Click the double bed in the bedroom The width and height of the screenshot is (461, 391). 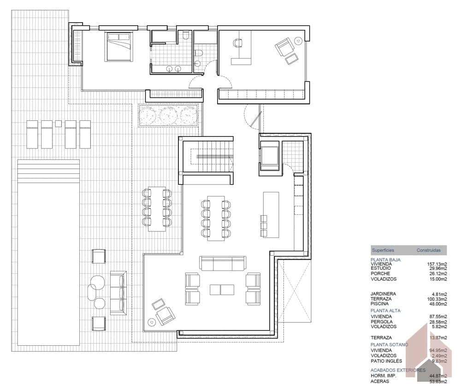coord(119,46)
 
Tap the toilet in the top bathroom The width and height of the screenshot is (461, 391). coord(185,36)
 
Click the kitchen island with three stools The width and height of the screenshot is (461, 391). coord(271,214)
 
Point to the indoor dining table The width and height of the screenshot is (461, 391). coord(215,218)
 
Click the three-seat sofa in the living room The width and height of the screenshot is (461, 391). coord(223,263)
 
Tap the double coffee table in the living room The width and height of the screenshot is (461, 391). coord(222,290)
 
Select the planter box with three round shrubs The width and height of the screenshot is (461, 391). coord(168,115)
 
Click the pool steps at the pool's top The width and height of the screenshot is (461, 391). coord(48,171)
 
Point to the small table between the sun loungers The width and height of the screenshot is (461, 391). coord(58,124)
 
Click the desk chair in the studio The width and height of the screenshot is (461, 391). coord(238,43)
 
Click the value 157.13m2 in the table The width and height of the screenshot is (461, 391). coord(436,264)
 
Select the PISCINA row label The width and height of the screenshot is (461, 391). coord(380,304)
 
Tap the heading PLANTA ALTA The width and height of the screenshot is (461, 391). coord(385,311)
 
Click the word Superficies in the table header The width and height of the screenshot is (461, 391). coord(383,250)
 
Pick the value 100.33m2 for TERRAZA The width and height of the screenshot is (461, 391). coord(436,299)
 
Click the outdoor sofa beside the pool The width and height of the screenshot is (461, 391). coord(118,293)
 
